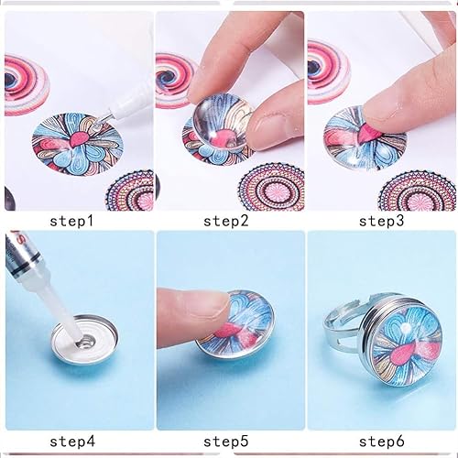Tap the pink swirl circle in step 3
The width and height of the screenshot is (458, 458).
click(326, 70)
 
